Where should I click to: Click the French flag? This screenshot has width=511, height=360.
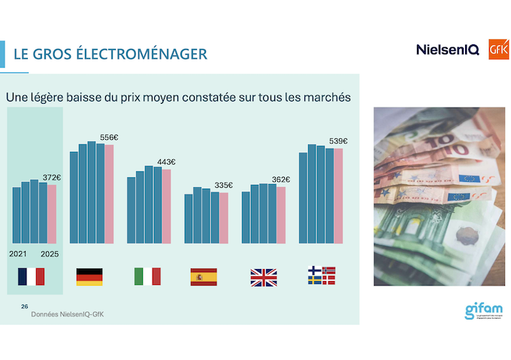point(31,277)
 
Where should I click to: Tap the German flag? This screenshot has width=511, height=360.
point(89,277)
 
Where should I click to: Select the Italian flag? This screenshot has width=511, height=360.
point(147,277)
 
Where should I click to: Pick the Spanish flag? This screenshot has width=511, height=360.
point(204,277)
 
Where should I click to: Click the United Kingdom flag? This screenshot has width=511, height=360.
point(263,277)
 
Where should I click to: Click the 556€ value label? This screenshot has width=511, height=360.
point(110,138)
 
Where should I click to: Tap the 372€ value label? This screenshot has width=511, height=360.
point(52,177)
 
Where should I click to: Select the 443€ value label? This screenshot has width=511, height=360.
point(166,162)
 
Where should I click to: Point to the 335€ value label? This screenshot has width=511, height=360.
point(223,186)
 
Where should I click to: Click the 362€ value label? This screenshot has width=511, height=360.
point(281,180)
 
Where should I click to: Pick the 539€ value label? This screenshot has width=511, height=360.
point(339,141)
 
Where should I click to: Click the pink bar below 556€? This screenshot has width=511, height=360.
point(110,193)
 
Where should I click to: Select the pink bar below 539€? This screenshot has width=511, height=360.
point(338,195)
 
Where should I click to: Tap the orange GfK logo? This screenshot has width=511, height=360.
point(499,49)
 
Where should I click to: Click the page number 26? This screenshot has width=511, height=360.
point(25,307)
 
